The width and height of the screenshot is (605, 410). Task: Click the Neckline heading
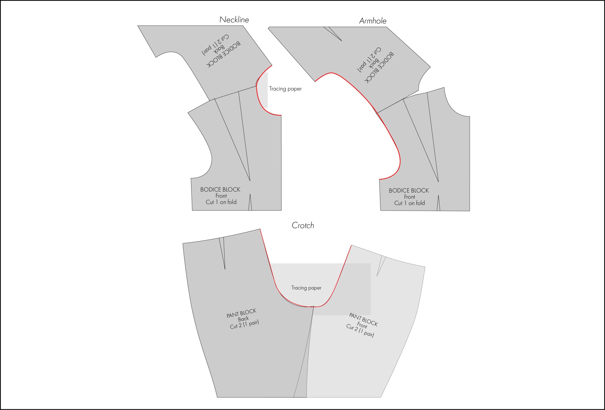coord(234,20)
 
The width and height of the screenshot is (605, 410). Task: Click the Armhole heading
coord(373,21)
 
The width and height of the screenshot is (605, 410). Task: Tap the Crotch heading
coord(303,226)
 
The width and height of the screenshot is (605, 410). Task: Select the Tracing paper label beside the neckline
coord(285,89)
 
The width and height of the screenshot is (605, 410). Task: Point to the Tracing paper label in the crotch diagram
coord(306,288)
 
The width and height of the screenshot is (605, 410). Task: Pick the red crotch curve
coord(295,304)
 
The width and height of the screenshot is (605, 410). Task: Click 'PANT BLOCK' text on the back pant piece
coord(241,313)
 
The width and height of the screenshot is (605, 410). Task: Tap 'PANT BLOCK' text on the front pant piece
coord(363,319)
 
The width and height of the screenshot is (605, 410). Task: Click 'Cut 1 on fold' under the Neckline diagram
coord(221,202)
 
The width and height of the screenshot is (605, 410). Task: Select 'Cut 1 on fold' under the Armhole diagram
coord(409,203)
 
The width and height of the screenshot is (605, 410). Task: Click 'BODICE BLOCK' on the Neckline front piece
coord(220,190)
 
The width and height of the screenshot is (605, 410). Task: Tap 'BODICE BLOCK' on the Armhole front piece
coord(409,191)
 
